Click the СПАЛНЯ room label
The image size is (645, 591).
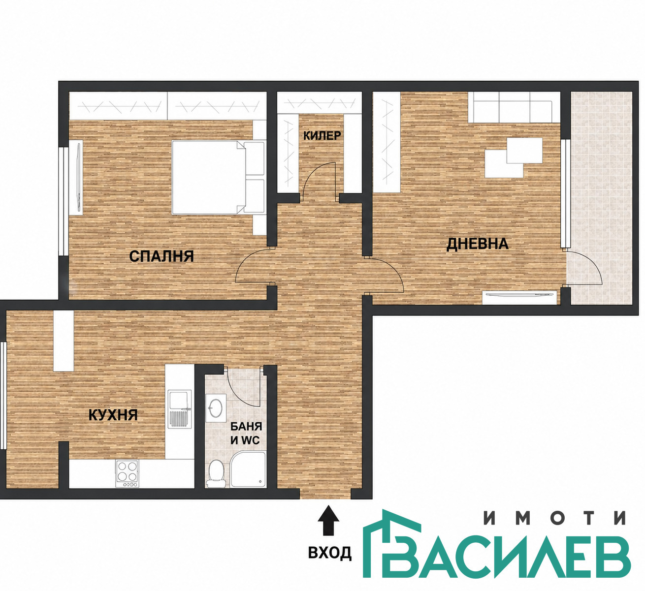(x=161, y=256)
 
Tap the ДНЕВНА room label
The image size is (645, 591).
(x=478, y=244)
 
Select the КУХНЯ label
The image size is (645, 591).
(x=113, y=415)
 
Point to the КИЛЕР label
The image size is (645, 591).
(x=322, y=136)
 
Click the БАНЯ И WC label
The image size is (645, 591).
(x=246, y=433)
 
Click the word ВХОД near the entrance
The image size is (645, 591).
(x=330, y=553)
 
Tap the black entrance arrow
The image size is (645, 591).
(x=328, y=525)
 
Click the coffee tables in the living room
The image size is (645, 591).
(x=514, y=157)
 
